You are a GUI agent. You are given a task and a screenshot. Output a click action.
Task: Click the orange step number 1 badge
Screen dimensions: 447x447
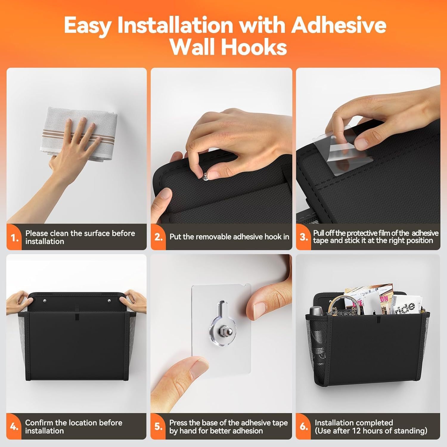click(14, 238)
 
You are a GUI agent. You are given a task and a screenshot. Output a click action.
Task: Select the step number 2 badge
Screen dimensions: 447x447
click(158, 237)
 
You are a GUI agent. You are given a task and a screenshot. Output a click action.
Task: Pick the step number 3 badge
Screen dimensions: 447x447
click(303, 237)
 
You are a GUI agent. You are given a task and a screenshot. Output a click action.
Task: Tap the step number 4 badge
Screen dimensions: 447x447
click(14, 426)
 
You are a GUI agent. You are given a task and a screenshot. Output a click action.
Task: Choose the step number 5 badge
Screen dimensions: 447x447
click(158, 426)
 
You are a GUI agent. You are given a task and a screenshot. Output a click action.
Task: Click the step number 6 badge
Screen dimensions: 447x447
click(303, 426)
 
